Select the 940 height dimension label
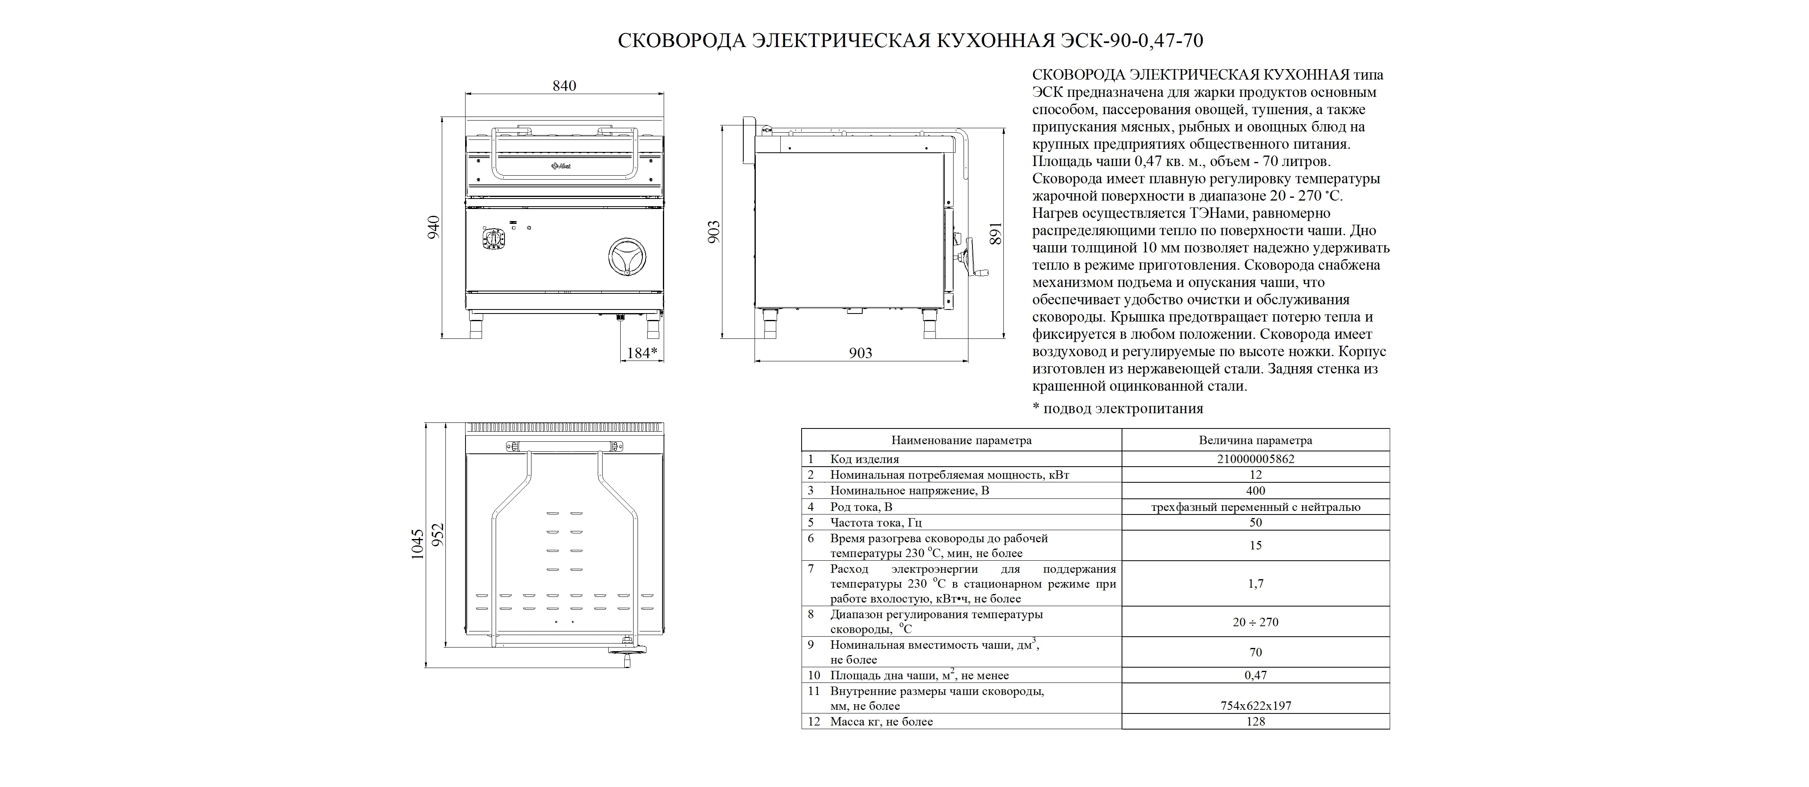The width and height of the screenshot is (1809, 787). pyautogui.click(x=434, y=227)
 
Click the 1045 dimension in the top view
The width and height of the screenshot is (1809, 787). pyautogui.click(x=417, y=544)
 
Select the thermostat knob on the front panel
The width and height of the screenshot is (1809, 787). pyautogui.click(x=493, y=240)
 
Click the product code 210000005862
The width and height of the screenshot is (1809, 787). pyautogui.click(x=1255, y=459)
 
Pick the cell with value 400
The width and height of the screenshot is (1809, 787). pyautogui.click(x=1255, y=491)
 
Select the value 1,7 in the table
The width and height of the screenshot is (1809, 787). pyautogui.click(x=1255, y=583)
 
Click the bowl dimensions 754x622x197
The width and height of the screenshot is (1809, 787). pyautogui.click(x=1255, y=705)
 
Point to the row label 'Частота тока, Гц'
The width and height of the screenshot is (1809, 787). pyautogui.click(x=876, y=523)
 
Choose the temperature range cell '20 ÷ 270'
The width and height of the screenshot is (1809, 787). pyautogui.click(x=1255, y=622)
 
